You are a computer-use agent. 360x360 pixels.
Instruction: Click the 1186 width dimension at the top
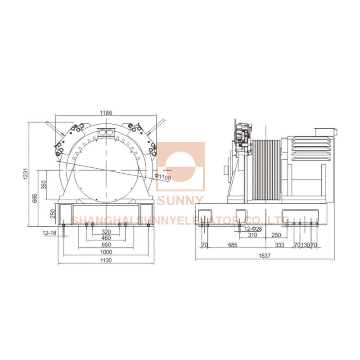tap(106, 113)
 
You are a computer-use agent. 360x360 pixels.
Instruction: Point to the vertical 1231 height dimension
tap(26, 174)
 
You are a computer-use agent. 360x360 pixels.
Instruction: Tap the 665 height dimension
tap(35, 198)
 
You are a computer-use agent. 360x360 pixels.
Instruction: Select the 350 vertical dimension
tap(44, 184)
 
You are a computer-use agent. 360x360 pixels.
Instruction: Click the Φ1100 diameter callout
tap(162, 177)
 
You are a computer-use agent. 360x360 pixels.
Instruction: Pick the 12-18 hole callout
tap(49, 233)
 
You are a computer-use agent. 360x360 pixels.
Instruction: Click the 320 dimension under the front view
tap(106, 232)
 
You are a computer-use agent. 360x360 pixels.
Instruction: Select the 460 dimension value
tap(106, 238)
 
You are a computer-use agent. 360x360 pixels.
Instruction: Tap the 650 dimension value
tap(106, 244)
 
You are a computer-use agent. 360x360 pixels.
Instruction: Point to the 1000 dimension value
tap(106, 252)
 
